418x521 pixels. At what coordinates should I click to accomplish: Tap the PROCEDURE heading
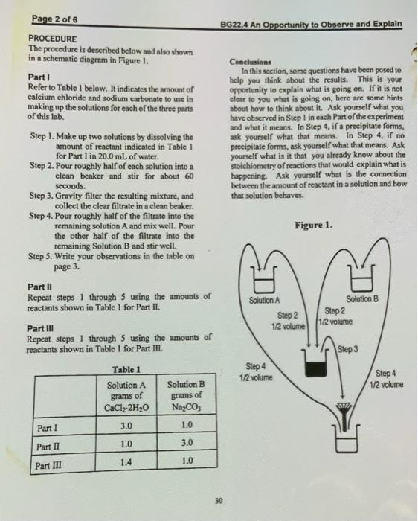[52, 38]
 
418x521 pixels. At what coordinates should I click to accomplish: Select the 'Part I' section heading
[38, 77]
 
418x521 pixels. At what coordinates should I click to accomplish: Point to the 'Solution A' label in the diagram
[264, 300]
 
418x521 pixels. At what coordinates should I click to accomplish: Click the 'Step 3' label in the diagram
[348, 348]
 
